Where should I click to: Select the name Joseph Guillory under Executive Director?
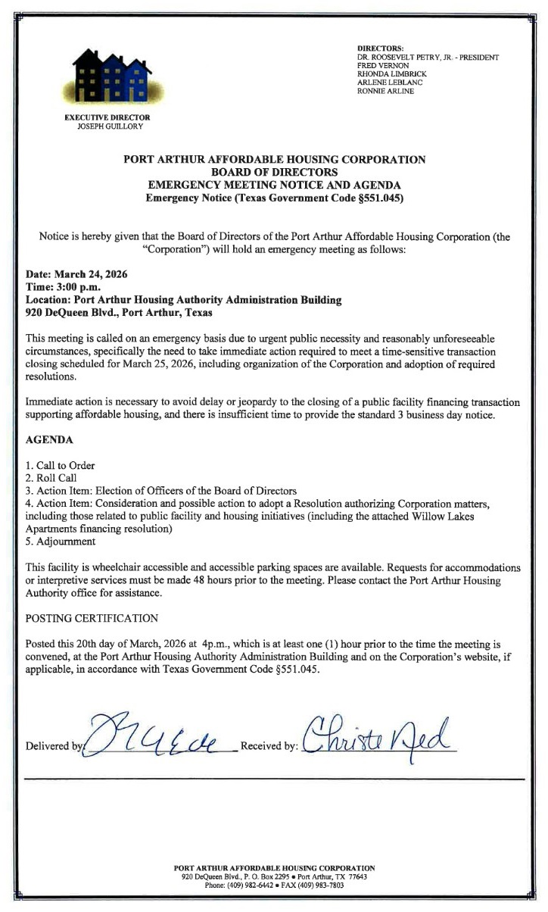click(x=110, y=126)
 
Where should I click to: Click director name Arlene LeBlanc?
click(x=386, y=82)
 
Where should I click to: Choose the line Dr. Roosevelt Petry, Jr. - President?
click(x=428, y=58)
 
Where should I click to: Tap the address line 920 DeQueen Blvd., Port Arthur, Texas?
click(x=119, y=312)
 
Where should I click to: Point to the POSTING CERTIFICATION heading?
click(x=92, y=618)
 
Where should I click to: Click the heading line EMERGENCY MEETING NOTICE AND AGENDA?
click(x=274, y=185)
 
